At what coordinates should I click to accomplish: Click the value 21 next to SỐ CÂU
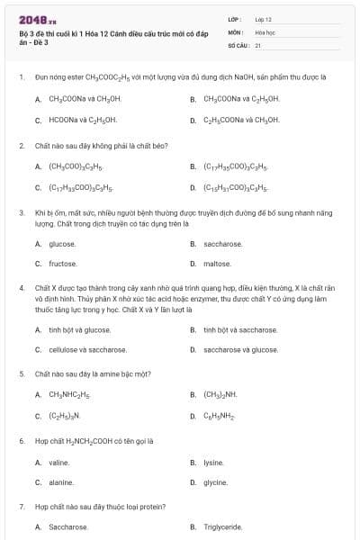(x=258, y=44)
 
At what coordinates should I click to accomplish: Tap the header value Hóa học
(x=264, y=31)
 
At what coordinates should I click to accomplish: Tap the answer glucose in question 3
(x=62, y=243)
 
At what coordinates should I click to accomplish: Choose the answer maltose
(x=217, y=264)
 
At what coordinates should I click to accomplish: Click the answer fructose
(x=62, y=264)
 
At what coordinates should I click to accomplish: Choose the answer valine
(x=58, y=463)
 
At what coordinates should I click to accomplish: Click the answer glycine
(x=215, y=482)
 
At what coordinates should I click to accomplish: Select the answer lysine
(x=213, y=463)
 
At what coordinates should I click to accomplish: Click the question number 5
(x=22, y=373)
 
